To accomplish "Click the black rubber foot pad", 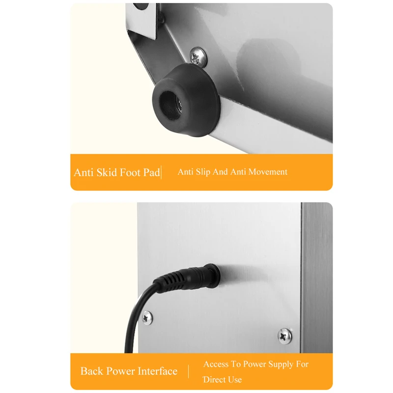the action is tap(186, 100).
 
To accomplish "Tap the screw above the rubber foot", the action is tap(198, 57).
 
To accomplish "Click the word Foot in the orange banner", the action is tap(130, 172).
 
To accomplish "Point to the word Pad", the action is tap(152, 172).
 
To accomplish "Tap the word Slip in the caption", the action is tap(203, 172).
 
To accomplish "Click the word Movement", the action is tap(268, 171).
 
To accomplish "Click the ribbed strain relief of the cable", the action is tap(170, 282).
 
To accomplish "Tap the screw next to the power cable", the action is tap(147, 318).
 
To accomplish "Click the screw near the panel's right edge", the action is tap(284, 336).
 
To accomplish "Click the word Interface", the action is tap(158, 371).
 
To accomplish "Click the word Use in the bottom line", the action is tap(235, 380).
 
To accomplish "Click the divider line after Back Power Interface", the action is tap(189, 371).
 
